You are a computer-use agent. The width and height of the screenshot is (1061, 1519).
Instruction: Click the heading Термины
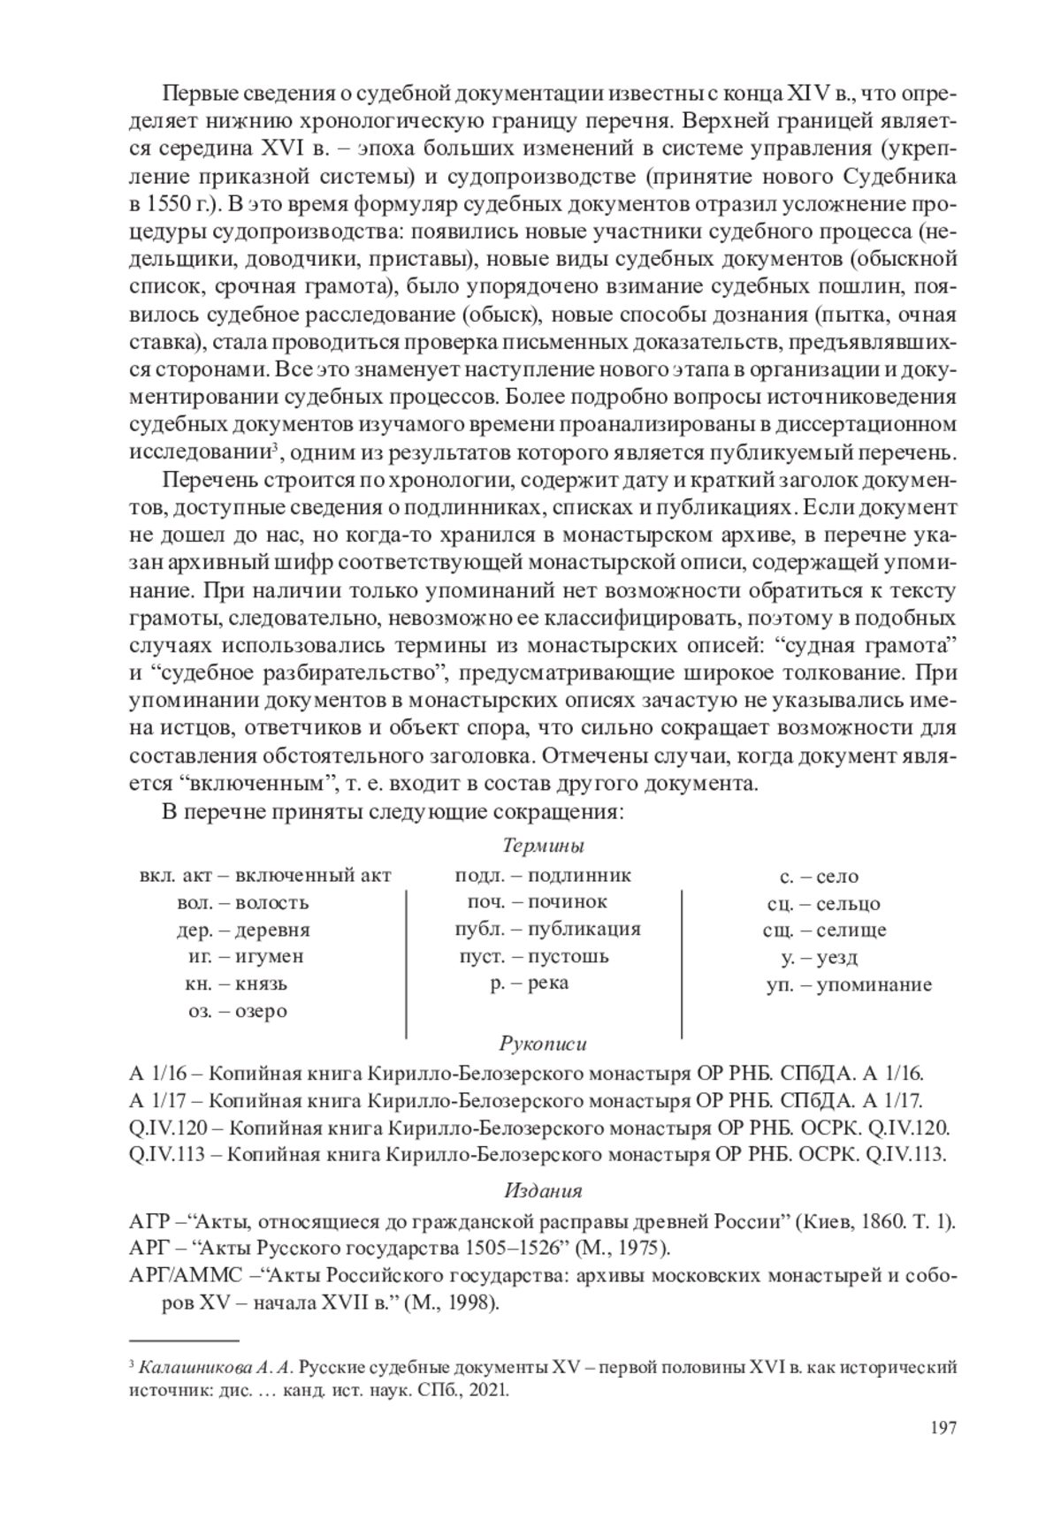542,846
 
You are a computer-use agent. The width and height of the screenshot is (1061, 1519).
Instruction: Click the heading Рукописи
543,1044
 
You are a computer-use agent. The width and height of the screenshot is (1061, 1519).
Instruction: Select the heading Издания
543,1189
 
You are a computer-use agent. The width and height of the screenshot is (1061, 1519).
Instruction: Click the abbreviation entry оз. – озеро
237,1011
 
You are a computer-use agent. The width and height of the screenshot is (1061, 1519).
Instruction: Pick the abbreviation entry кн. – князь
236,984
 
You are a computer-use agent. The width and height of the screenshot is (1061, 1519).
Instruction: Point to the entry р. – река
530,983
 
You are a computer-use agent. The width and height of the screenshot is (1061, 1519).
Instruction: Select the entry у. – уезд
819,957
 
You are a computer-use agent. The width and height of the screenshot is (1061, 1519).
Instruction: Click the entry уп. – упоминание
849,985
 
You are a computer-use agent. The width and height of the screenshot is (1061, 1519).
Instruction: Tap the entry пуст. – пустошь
533,956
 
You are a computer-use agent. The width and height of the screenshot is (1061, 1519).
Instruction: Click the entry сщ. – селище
824,930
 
